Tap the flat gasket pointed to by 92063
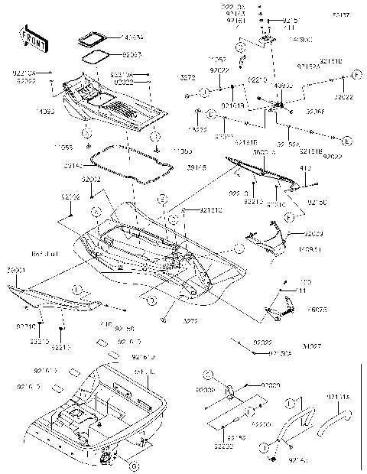[x=96, y=54]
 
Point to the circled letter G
[x=132, y=466]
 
